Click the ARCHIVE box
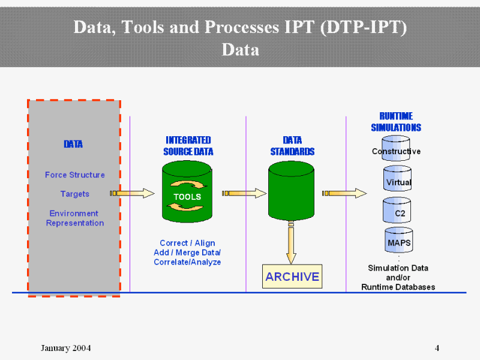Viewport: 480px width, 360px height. click(292, 277)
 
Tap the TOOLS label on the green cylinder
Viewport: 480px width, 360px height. click(187, 197)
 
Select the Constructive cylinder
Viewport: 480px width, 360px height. click(396, 150)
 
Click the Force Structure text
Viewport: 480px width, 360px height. click(74, 175)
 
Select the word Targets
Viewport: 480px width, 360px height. click(74, 194)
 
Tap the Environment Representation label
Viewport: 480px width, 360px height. click(75, 218)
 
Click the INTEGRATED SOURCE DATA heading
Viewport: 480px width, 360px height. click(188, 146)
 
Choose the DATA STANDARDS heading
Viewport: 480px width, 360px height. click(292, 146)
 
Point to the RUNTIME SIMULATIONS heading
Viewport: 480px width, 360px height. click(396, 122)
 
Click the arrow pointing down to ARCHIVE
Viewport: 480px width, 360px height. click(291, 243)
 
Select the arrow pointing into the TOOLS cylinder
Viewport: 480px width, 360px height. click(132, 193)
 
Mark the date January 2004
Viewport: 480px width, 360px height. click(66, 348)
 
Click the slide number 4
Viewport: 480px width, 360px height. click(437, 348)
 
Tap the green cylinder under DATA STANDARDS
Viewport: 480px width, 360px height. click(291, 192)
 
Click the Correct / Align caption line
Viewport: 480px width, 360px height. click(187, 243)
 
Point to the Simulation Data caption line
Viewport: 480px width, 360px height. click(398, 268)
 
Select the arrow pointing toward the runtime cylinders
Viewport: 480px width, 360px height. click(344, 193)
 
